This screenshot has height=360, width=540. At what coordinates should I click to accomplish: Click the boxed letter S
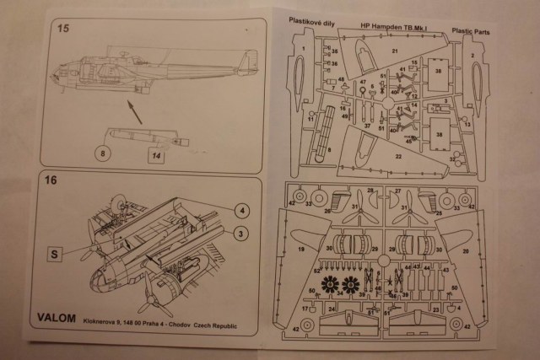54,251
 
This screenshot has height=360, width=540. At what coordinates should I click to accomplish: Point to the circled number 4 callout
241,210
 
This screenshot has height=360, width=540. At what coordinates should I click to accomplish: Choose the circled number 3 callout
241,233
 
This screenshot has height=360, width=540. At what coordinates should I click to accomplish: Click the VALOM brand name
57,318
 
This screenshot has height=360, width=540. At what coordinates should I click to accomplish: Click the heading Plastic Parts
472,31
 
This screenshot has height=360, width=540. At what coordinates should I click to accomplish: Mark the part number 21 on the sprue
394,51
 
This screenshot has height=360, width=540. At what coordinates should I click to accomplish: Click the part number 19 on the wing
300,250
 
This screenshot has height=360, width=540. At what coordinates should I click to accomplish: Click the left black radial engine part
328,285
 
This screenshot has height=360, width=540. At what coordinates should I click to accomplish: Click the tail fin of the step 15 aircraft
247,61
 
